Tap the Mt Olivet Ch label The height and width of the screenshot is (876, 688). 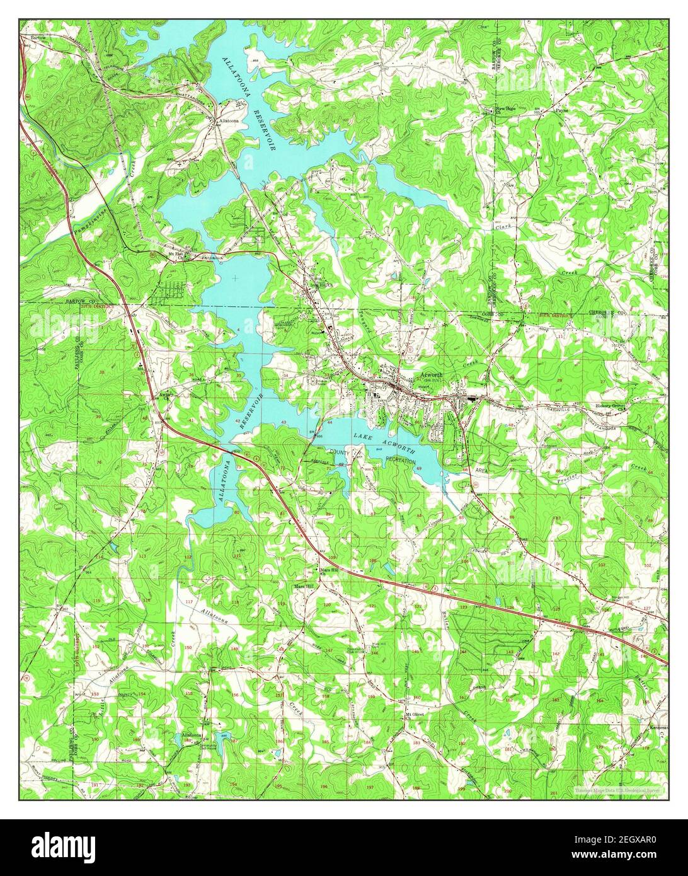click(x=413, y=716)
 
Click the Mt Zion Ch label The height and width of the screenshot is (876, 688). click(x=181, y=255)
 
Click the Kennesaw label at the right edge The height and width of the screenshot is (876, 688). click(x=658, y=726)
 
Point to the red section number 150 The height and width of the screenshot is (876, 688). click(x=188, y=647)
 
